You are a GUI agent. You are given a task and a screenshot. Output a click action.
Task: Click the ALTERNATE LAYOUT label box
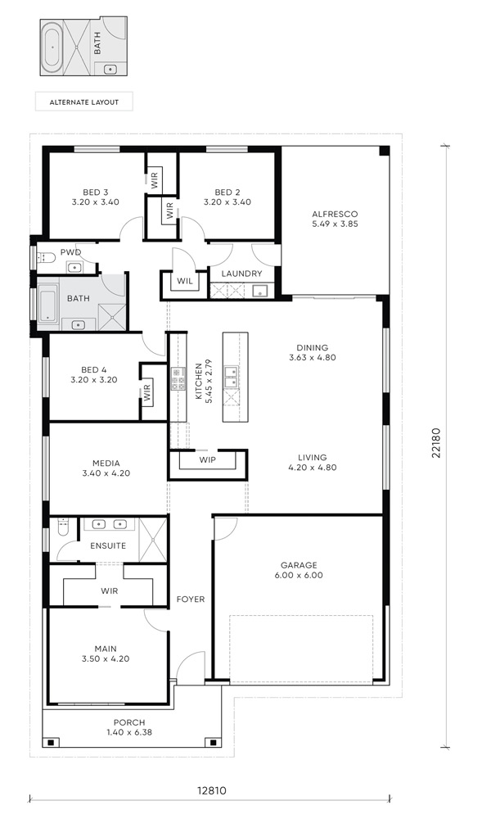pyautogui.click(x=84, y=102)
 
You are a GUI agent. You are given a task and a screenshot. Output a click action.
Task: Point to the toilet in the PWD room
pyautogui.click(x=46, y=257)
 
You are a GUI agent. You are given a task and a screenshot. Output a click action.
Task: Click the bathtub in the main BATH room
pyautogui.click(x=48, y=305)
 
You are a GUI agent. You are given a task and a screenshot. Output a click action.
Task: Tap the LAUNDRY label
pyautogui.click(x=241, y=274)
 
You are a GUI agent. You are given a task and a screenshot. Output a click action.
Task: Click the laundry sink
pyautogui.click(x=261, y=291)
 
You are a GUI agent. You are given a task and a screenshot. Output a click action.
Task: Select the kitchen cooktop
pyautogui.click(x=178, y=378)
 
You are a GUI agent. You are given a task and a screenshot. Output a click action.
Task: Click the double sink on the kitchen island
pyautogui.click(x=231, y=378)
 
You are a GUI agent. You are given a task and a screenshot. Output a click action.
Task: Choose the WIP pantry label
pyautogui.click(x=207, y=459)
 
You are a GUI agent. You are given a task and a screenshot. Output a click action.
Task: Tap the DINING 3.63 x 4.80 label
pyautogui.click(x=312, y=352)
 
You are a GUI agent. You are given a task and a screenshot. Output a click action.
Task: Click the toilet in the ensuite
pyautogui.click(x=63, y=527)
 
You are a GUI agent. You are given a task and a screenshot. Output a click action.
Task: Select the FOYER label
pyautogui.click(x=191, y=600)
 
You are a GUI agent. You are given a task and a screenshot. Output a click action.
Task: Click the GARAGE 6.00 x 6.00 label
pyautogui.click(x=299, y=570)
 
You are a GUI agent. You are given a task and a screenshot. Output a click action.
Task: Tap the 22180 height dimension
pyautogui.click(x=435, y=443)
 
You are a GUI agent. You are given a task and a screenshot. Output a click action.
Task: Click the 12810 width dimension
pyautogui.click(x=211, y=790)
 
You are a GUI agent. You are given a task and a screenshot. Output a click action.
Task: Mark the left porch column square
pyautogui.click(x=51, y=742)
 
